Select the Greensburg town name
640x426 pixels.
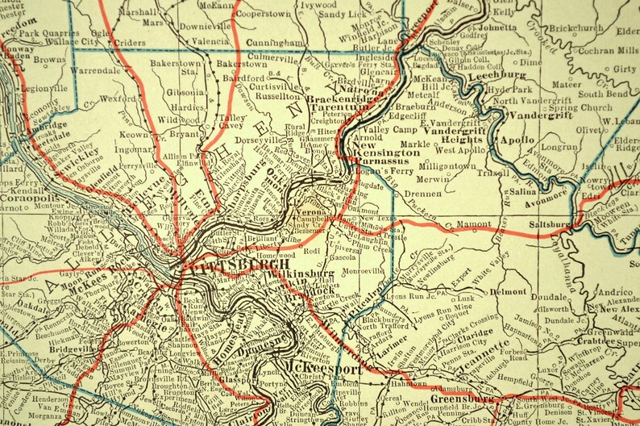pyautogui.click(x=463, y=399)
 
